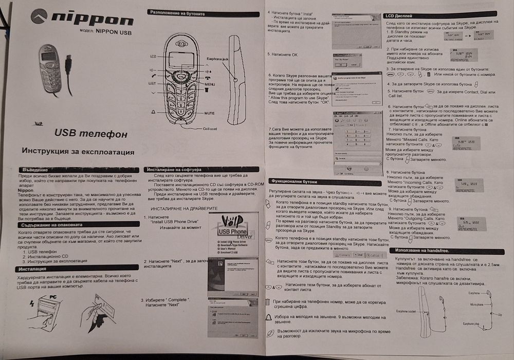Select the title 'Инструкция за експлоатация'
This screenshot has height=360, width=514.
click(78, 152)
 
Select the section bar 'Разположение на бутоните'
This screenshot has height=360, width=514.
click(178, 11)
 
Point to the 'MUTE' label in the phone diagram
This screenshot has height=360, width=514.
click(209, 113)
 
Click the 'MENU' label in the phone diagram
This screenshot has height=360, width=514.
click(210, 83)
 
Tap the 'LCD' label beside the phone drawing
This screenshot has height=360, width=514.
click(153, 55)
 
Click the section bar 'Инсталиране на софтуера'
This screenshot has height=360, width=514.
click(175, 169)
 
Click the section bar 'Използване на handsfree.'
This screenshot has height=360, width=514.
click(427, 250)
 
